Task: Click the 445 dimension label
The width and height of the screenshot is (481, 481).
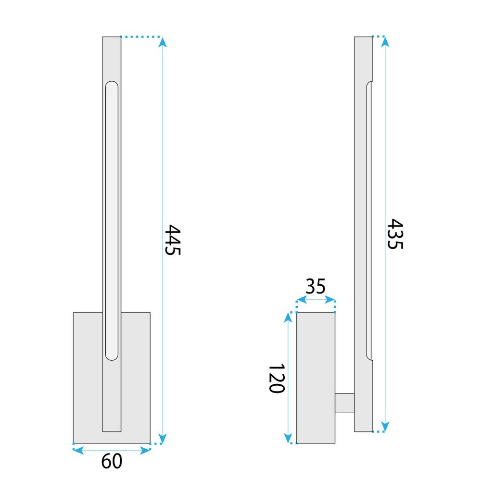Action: (172, 240)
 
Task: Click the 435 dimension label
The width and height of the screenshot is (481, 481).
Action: (395, 234)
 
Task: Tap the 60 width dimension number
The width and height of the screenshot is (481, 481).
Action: (112, 461)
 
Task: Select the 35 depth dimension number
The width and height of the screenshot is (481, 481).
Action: (316, 287)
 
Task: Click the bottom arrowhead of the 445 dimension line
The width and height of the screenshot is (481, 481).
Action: (163, 438)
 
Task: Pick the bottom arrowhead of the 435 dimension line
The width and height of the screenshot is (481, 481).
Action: (384, 426)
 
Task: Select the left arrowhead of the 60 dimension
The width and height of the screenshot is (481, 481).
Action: (77, 450)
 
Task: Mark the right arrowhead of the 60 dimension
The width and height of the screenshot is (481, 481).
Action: (145, 450)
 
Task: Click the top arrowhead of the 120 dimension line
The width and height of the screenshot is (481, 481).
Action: (288, 317)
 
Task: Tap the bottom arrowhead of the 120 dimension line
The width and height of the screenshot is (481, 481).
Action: (288, 438)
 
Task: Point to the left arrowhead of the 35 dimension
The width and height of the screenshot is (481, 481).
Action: (301, 300)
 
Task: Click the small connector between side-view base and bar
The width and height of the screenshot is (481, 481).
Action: (344, 403)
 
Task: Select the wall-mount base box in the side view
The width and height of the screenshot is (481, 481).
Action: (316, 378)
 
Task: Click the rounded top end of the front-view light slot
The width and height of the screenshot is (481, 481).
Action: (112, 85)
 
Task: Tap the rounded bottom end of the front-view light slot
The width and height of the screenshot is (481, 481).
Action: (112, 357)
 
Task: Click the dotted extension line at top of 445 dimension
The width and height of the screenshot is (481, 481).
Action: (140, 37)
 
